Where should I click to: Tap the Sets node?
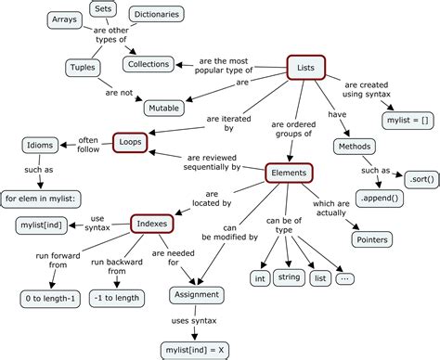pos(101,9)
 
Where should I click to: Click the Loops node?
pos(129,142)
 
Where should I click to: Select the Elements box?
pos(290,173)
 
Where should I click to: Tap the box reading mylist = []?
pos(406,120)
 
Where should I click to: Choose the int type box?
pos(261,277)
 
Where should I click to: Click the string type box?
pos(290,277)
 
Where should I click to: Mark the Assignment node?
pos(196,295)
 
